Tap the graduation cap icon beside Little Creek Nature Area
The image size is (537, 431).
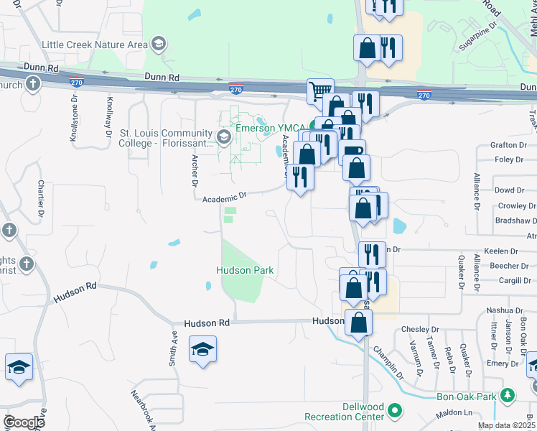click(x=159, y=45)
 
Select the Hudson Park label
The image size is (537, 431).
click(x=246, y=270)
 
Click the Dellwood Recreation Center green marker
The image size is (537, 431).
click(x=394, y=412)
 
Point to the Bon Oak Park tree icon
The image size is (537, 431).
click(x=508, y=396)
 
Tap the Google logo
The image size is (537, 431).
click(x=24, y=422)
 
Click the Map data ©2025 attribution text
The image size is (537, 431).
click(x=506, y=425)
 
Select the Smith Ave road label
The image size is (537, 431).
click(x=173, y=348)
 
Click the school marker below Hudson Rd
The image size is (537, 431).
click(x=203, y=350)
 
